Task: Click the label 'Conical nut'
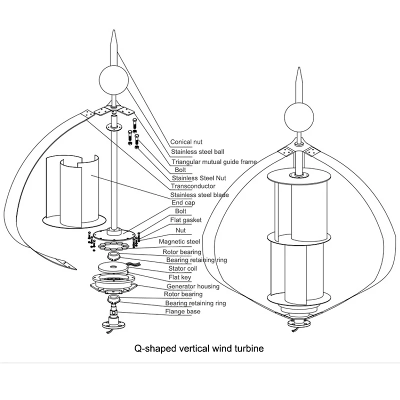186,142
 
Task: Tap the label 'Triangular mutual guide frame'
214,161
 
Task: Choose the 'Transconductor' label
193,186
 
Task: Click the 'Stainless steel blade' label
199,195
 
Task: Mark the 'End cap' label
183,203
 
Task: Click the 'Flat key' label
179,277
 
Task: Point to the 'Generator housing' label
193,286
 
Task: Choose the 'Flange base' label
183,311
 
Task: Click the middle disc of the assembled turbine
298,235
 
